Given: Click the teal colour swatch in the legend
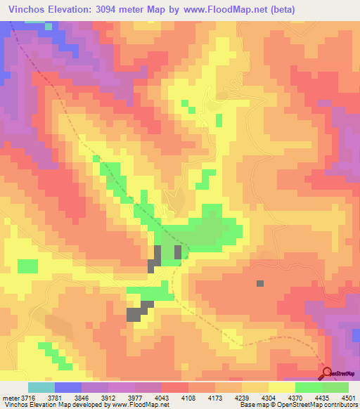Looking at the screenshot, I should click(x=41, y=387).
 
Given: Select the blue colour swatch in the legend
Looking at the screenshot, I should click(x=68, y=387).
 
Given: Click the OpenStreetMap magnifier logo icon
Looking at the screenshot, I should click(x=327, y=373).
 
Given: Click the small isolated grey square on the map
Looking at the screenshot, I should click(x=260, y=283).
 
